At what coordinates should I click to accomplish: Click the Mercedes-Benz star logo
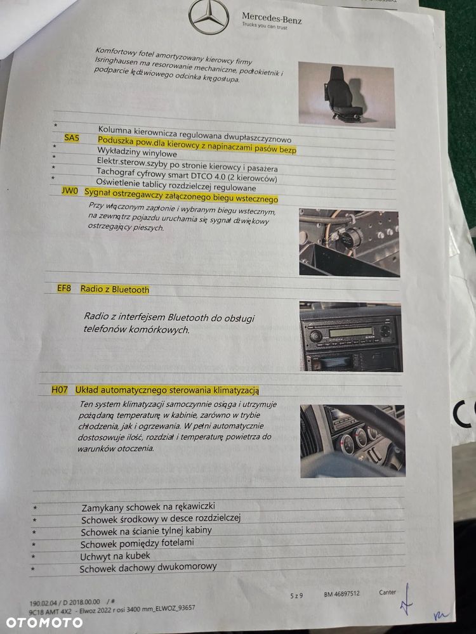[x=209, y=16]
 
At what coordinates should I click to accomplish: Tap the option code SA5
[x=72, y=138]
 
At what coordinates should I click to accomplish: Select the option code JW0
[x=70, y=191]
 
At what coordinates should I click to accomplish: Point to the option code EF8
[x=64, y=288]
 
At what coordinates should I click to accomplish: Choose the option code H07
[x=60, y=390]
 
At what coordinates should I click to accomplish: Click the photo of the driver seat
[x=347, y=95]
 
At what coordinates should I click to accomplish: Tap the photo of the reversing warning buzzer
[x=349, y=243]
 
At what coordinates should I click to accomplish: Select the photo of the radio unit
[x=351, y=337]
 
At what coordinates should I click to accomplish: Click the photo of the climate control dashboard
[x=352, y=441]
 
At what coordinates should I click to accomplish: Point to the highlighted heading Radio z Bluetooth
[x=115, y=290]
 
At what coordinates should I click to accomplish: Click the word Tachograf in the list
[x=115, y=172]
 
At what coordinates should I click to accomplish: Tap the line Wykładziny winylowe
[x=137, y=153]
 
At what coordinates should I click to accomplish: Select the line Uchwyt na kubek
[x=115, y=556]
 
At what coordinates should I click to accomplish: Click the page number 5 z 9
[x=296, y=595]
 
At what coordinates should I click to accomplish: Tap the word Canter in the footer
[x=387, y=592]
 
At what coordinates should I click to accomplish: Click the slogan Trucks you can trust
[x=265, y=26]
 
